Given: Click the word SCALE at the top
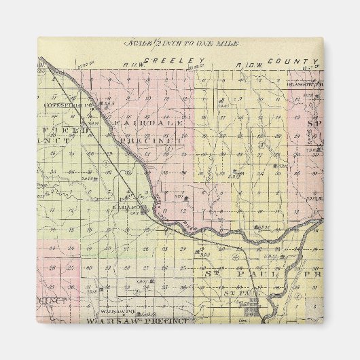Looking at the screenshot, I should pyautogui.click(x=137, y=43).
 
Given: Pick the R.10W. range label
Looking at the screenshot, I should pyautogui.click(x=247, y=65).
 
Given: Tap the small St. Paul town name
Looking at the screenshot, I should pyautogui.click(x=240, y=294).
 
